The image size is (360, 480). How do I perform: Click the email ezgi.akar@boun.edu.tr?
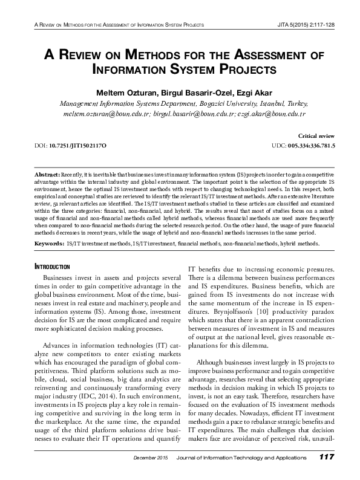(x=271, y=114)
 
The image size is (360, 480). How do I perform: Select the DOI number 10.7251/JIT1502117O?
(x=79, y=146)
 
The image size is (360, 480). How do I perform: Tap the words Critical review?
(x=317, y=137)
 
